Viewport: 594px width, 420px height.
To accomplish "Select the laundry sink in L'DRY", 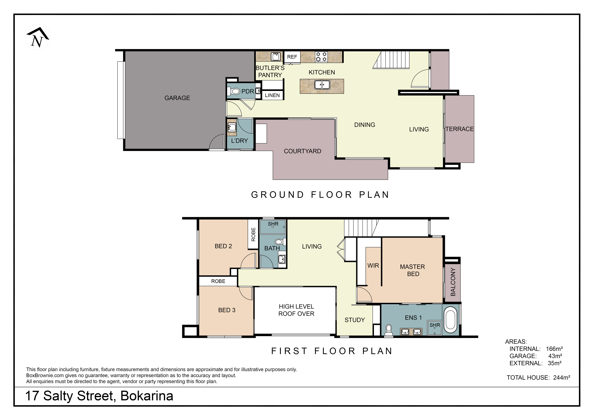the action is [x=232, y=127].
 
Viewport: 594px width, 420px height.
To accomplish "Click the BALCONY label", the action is [x=453, y=282].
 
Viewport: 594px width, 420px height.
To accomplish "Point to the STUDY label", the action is [x=355, y=320].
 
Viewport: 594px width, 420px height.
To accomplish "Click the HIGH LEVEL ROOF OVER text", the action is [x=296, y=310].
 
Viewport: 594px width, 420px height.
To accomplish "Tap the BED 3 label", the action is [x=227, y=310].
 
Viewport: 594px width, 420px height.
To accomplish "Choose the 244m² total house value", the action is [x=562, y=378].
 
